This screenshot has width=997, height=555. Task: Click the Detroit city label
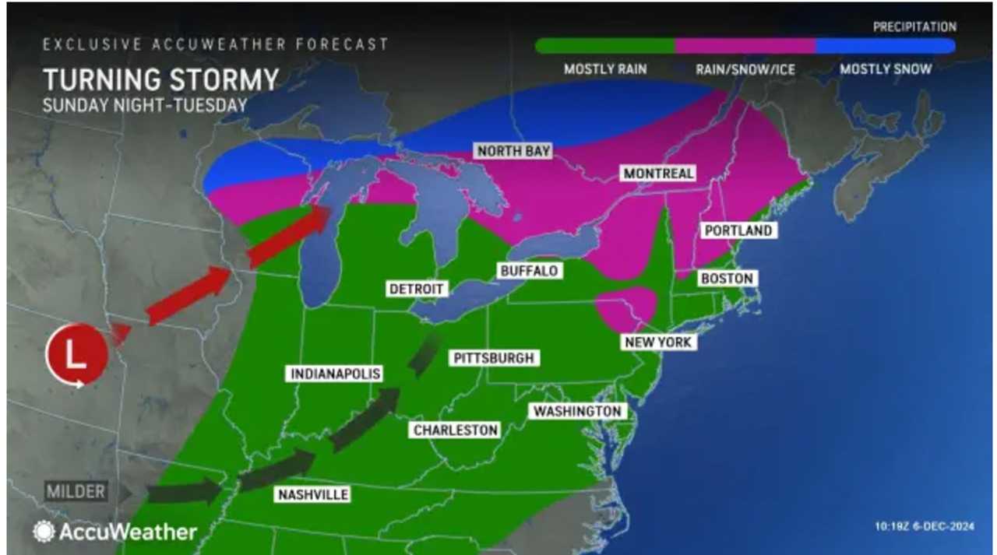(417, 289)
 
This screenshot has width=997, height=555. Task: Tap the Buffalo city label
(529, 271)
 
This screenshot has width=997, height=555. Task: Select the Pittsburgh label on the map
(493, 358)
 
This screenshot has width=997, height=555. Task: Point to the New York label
(657, 342)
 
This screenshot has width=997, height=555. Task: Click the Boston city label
(726, 278)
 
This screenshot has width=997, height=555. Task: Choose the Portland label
(738, 230)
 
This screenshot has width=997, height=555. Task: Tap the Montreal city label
(658, 173)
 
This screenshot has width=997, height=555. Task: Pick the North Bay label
(514, 151)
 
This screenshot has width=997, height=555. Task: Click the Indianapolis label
(336, 374)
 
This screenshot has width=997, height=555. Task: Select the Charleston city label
(456, 430)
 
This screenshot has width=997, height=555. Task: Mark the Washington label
(577, 411)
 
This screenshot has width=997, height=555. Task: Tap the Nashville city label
(312, 494)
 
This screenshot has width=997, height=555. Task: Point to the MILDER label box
(76, 492)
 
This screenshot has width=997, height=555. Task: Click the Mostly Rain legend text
(605, 69)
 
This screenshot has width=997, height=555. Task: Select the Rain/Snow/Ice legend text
(745, 69)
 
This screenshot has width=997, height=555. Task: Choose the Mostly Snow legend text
(886, 69)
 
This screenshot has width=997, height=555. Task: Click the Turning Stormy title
(160, 80)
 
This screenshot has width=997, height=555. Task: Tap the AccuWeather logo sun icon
(44, 532)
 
